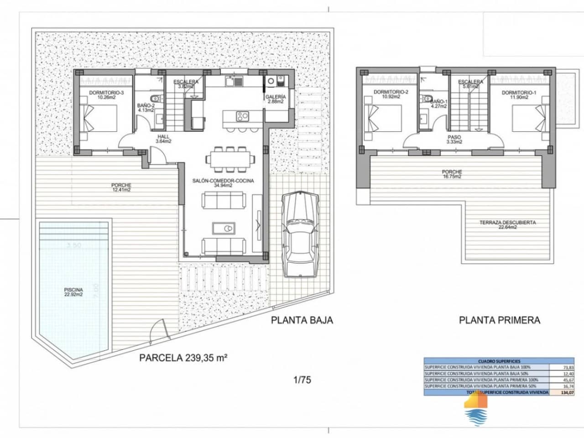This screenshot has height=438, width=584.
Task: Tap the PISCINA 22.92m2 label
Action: (x=73, y=292)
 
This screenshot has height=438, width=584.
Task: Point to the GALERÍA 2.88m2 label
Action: (x=276, y=99)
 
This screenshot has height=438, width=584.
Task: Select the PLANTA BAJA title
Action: (x=302, y=320)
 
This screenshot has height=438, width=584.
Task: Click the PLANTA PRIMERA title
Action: (x=499, y=320)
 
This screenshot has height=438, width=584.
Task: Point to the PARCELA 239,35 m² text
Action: (x=183, y=358)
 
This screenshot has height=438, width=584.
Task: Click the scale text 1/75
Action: (x=302, y=379)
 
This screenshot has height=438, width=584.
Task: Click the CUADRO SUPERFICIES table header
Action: (x=499, y=361)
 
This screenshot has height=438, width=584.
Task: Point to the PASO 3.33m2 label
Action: (x=454, y=139)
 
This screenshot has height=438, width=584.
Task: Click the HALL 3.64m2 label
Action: (x=163, y=139)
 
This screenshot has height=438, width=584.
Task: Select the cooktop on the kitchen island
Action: (x=242, y=116)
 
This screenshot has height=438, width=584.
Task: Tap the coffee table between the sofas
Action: (x=223, y=227)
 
